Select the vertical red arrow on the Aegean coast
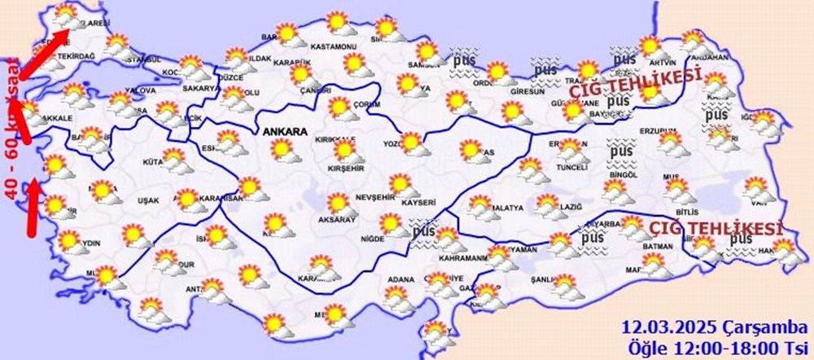click(x=33, y=209)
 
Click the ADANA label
click(x=400, y=280)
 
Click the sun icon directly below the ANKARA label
click(x=282, y=150)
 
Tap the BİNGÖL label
click(x=625, y=174)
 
